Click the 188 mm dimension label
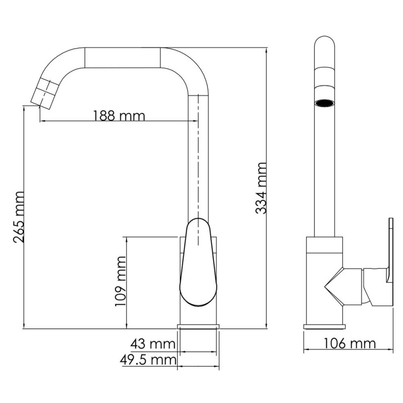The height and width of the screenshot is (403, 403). point(119,116)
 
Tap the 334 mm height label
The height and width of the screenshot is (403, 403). point(260,188)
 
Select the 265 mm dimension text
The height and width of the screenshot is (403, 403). point(19,217)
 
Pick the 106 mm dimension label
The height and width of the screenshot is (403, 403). point(349,344)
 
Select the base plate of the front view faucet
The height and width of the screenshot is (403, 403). point(199,327)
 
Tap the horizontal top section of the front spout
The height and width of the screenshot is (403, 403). point(123,57)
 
